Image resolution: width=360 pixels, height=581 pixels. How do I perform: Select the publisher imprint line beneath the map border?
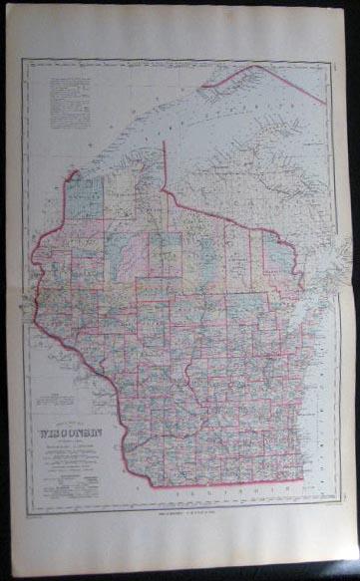(180, 515)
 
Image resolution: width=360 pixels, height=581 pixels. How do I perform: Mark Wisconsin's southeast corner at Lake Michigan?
(305, 479)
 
